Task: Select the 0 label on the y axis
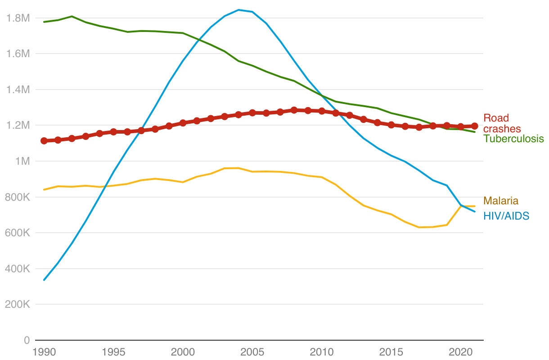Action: (27, 341)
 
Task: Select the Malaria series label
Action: (501, 201)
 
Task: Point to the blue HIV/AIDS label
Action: (506, 216)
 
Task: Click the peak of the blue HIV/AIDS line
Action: (238, 10)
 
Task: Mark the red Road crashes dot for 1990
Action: (44, 141)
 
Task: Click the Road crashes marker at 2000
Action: (183, 123)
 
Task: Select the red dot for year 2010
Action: (322, 111)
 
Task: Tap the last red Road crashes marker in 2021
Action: (474, 126)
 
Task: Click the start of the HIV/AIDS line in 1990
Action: (44, 280)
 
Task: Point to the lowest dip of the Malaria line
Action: (419, 227)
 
